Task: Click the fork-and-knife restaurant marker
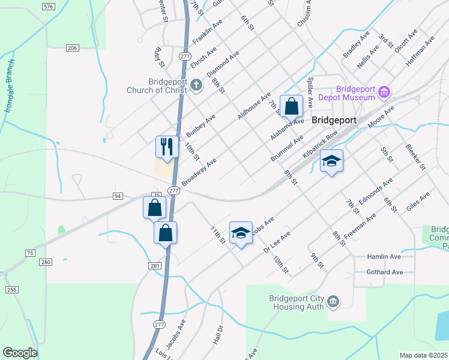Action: coord(167,146)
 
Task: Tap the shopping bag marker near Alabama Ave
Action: coord(291,107)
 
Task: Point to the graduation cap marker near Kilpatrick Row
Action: coord(331,161)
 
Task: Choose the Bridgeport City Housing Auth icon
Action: coord(334,302)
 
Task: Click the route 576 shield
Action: coord(49,6)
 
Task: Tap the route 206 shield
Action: coord(73,48)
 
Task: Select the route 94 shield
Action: coord(118,196)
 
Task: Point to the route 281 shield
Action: coord(154,265)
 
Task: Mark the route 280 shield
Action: coord(46,262)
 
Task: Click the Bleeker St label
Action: coord(415,156)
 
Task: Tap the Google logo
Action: coord(20,353)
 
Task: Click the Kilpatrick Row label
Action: coord(317,146)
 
